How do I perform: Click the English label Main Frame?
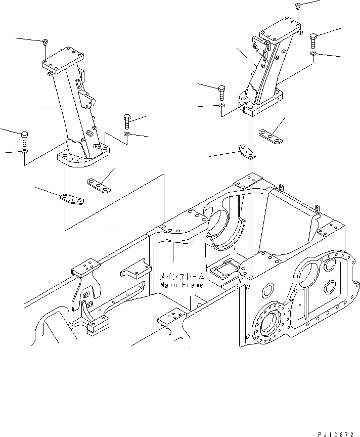182,285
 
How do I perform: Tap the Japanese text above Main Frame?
182,277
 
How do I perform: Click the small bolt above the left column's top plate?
45,42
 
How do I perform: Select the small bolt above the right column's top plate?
297,7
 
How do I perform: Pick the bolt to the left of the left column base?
23,137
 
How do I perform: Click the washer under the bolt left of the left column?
24,151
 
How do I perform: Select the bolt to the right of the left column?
126,121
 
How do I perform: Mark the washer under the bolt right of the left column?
126,135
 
